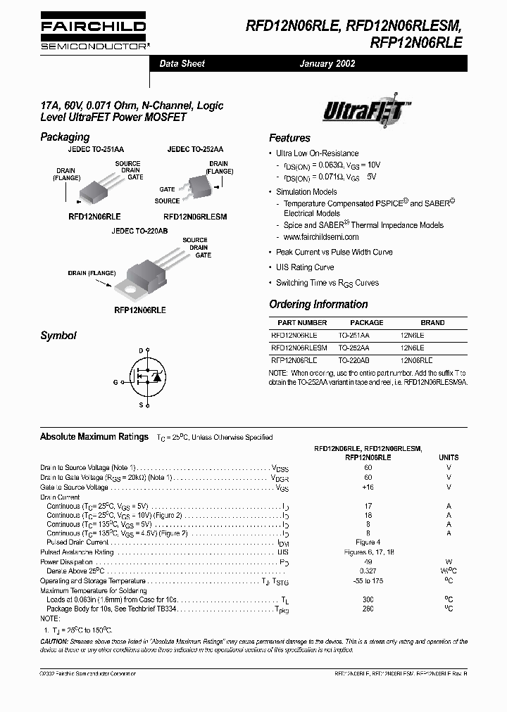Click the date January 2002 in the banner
pyautogui.click(x=327, y=64)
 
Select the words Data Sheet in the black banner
pyautogui.click(x=182, y=64)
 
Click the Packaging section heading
pyautogui.click(x=65, y=137)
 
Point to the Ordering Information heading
pyautogui.click(x=318, y=305)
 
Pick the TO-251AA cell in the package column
pyautogui.click(x=353, y=336)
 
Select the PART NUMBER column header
pyautogui.click(x=299, y=323)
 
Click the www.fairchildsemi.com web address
pyautogui.click(x=326, y=237)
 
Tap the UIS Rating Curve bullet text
pyautogui.click(x=305, y=267)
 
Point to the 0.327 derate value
pyautogui.click(x=368, y=571)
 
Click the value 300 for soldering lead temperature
pyautogui.click(x=368, y=599)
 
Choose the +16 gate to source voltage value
pyautogui.click(x=368, y=487)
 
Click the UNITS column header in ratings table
pyautogui.click(x=448, y=457)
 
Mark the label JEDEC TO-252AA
pyautogui.click(x=195, y=150)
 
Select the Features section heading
pyautogui.click(x=289, y=138)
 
